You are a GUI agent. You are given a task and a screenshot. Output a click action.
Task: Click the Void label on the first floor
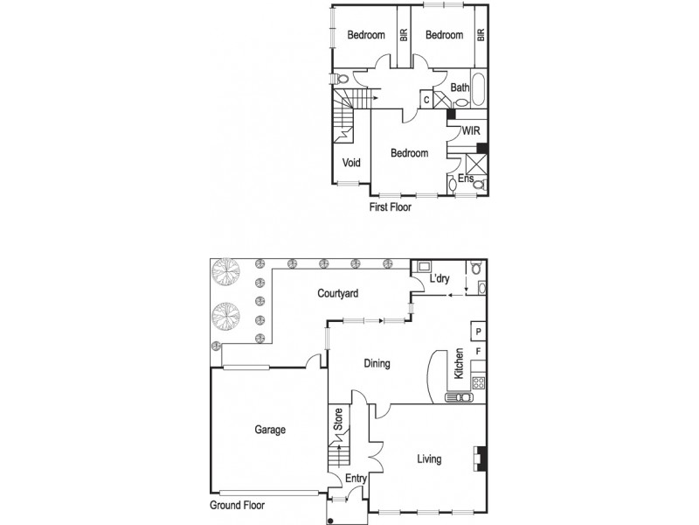coord(351,162)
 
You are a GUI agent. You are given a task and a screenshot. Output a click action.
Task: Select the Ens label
coord(467,178)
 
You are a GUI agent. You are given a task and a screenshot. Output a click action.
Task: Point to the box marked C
coord(426,100)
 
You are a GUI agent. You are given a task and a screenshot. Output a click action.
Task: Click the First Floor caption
coord(390,208)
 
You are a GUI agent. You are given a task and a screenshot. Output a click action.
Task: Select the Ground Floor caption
coord(236,505)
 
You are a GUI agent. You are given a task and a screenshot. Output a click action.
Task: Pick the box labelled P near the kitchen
coord(478,331)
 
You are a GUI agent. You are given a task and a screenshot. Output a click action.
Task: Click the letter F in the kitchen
coord(478,352)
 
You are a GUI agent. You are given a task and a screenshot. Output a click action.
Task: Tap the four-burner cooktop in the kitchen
coord(478,381)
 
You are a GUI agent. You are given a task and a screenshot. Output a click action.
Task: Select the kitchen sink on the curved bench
coord(458,397)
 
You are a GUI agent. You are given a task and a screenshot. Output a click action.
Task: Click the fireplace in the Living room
coord(479,458)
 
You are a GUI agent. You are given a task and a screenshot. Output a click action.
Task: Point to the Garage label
coord(270,430)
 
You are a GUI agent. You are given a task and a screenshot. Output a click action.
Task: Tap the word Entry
coord(356,478)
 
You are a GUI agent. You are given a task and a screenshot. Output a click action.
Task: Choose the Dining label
coord(376,364)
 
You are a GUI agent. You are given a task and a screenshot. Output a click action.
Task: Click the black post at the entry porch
coord(331,520)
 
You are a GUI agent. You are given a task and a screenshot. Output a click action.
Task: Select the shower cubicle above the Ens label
coord(476,163)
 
